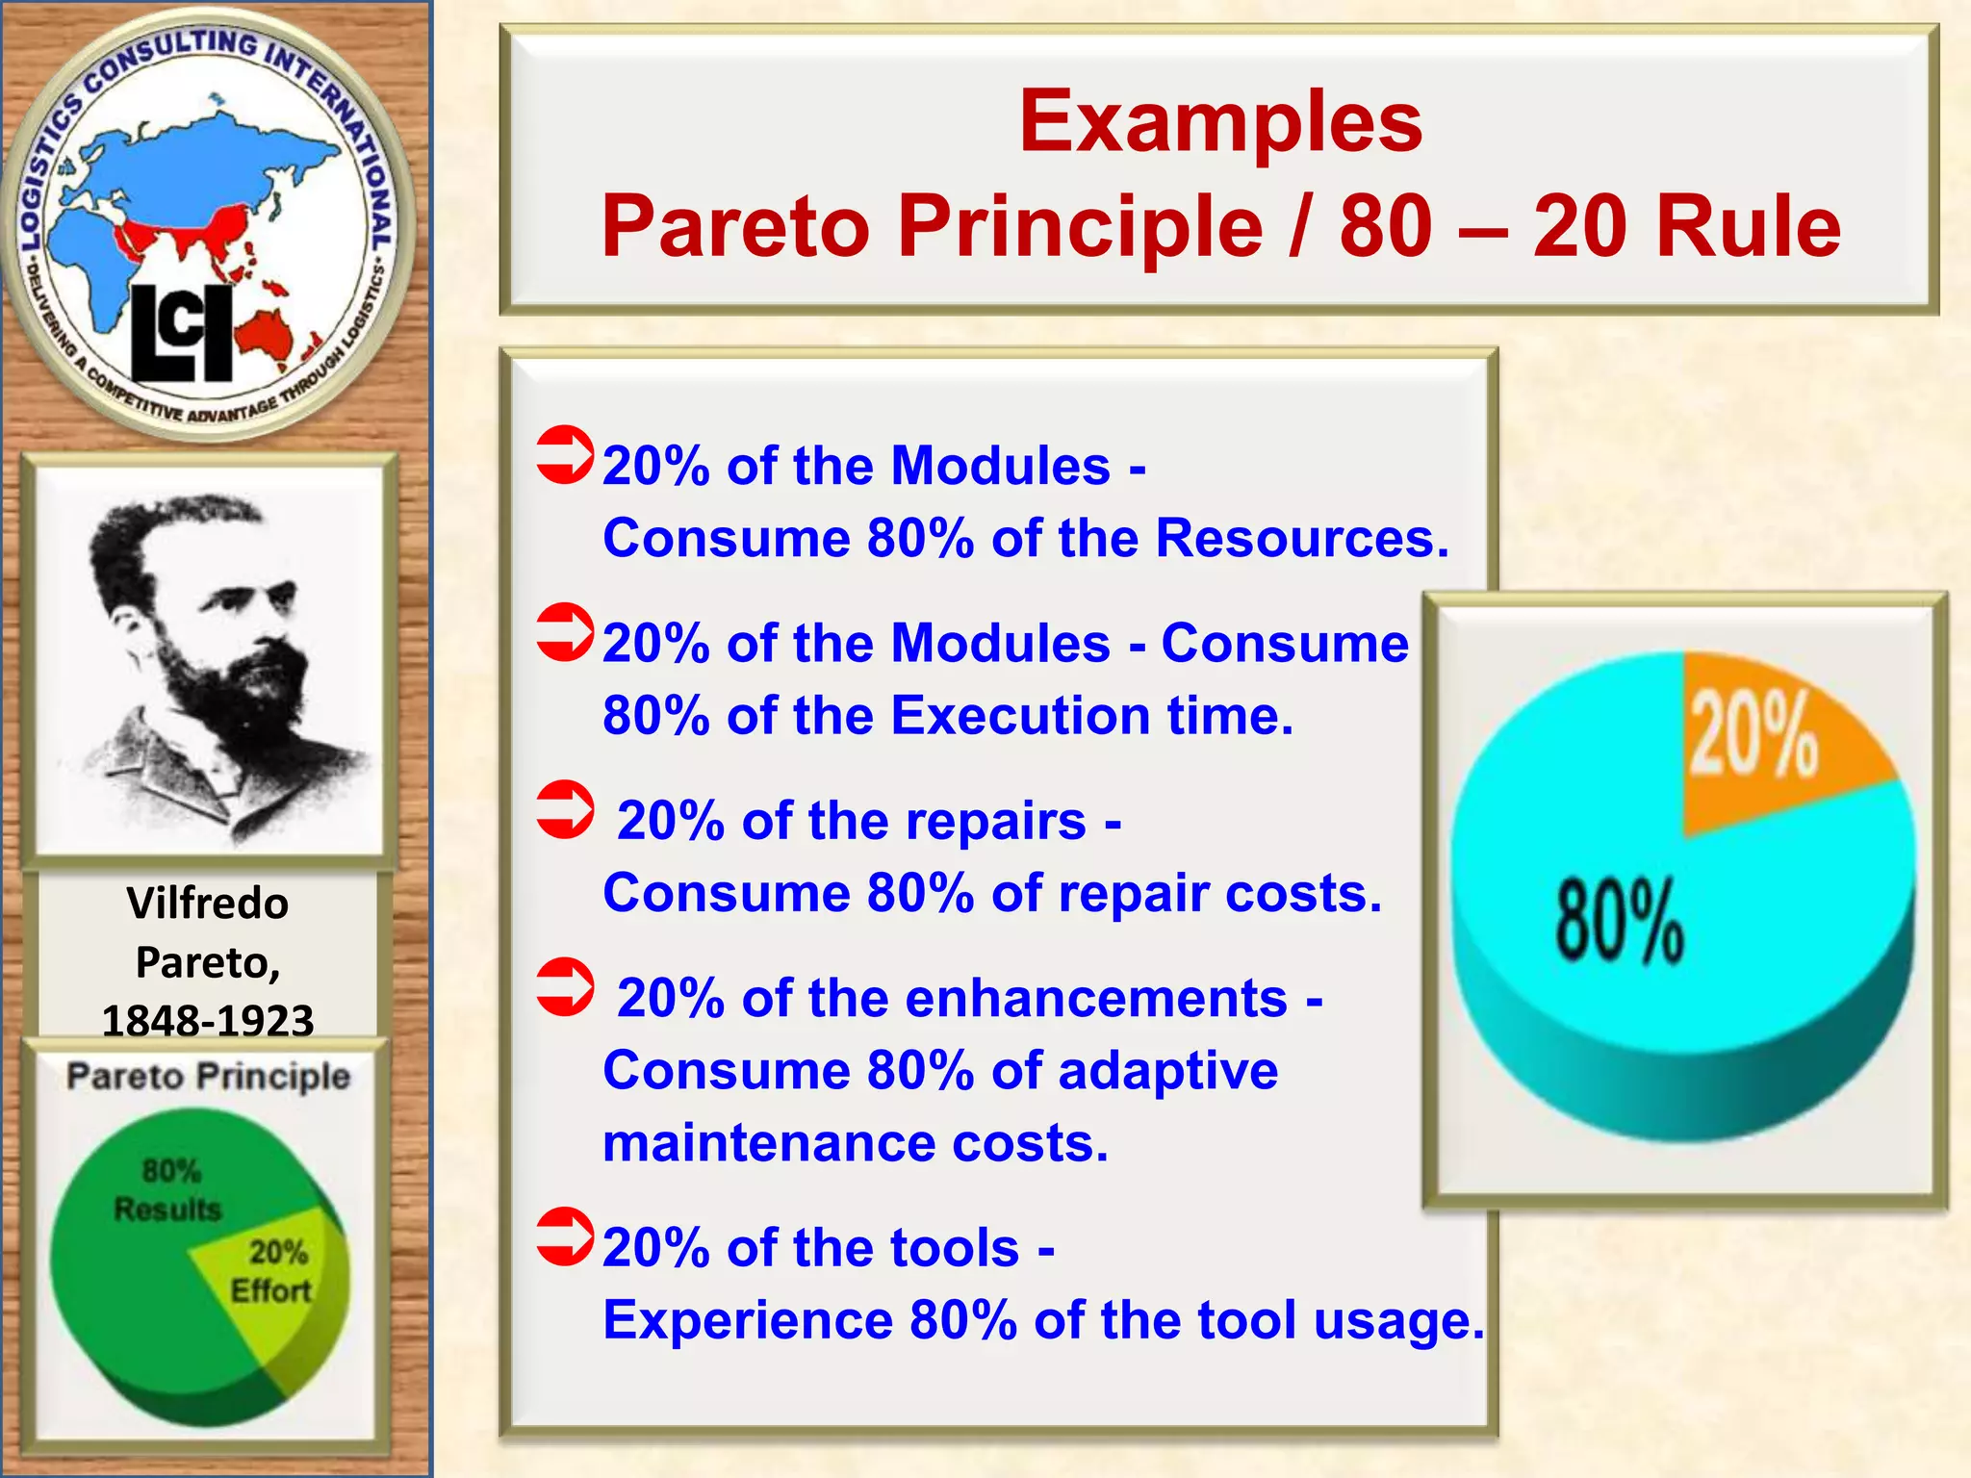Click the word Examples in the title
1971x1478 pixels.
tap(1220, 122)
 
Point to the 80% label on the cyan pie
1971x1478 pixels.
tap(1620, 920)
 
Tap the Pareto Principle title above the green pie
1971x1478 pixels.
tap(208, 1076)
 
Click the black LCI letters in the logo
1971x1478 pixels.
tap(182, 333)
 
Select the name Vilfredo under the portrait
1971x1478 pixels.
tap(208, 904)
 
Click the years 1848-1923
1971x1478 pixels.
tap(208, 1020)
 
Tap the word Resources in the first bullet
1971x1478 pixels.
tap(1301, 538)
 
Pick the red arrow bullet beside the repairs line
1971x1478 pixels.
tap(565, 809)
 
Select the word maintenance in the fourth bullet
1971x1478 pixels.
tap(768, 1143)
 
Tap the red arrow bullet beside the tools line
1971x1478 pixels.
tap(565, 1236)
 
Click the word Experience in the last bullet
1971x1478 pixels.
tap(748, 1320)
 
